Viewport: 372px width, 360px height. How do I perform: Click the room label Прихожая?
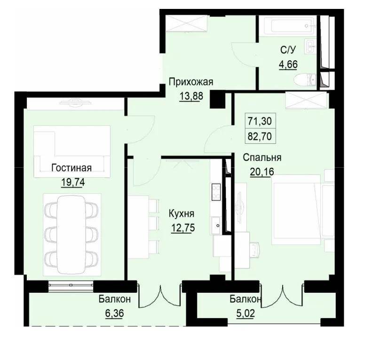pyautogui.click(x=190, y=82)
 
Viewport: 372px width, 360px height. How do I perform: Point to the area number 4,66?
pyautogui.click(x=288, y=64)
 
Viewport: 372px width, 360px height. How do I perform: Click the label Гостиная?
pyautogui.click(x=71, y=168)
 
